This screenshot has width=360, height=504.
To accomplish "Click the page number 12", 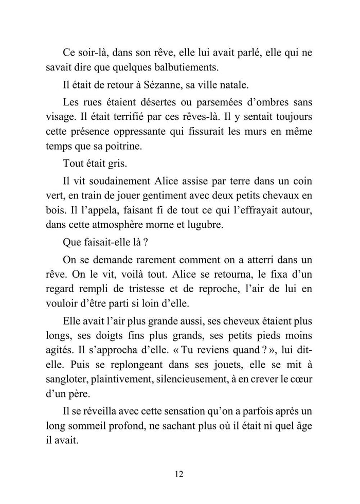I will click(x=179, y=474).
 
